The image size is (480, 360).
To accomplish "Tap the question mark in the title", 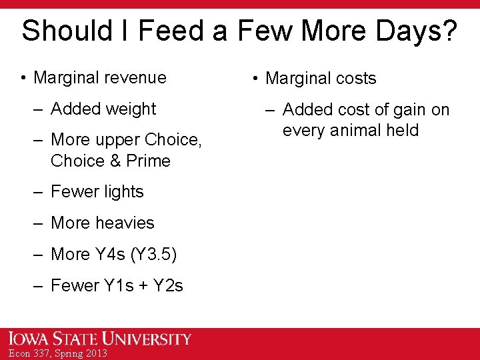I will [450, 31].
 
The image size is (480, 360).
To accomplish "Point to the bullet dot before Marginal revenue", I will [23, 78].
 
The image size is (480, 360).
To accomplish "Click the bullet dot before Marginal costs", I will [255, 79].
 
